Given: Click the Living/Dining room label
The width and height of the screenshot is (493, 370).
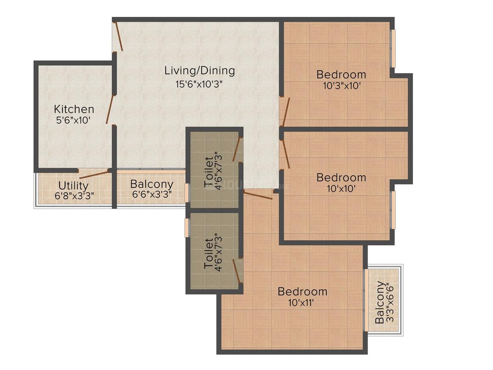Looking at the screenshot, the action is pos(200,71).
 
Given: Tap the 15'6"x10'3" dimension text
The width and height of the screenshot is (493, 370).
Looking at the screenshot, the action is pos(199,84).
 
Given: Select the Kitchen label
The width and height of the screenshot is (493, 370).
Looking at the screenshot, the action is pos(74,109).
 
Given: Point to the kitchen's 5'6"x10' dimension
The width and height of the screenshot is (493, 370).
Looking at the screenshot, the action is pos(73,120).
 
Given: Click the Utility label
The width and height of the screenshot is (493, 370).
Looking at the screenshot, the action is pos(73,185).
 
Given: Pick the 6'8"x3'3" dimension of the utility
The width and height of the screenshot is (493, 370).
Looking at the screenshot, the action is pos(74,196).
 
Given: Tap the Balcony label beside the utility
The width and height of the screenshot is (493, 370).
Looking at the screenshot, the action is pos(152,184).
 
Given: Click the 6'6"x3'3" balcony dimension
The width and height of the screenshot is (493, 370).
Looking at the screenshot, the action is pos(152,194).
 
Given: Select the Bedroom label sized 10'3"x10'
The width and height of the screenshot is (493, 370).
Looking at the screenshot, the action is pos(341,74).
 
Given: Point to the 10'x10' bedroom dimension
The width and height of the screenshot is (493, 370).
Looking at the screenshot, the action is pos(341,189).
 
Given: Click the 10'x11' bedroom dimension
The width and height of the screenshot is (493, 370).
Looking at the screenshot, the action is pos(302,303).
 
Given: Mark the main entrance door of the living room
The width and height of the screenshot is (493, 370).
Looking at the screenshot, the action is pos(118,36).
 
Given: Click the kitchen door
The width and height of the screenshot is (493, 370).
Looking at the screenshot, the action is pos(110,109).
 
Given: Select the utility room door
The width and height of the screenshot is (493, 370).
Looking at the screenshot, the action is pos(93,174).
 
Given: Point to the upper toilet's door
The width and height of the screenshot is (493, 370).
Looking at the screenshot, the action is pos(237,149).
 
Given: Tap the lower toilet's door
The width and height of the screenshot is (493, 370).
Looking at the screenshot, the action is pos(237,271).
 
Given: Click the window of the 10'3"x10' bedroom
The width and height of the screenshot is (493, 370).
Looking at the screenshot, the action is pos(393,48).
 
